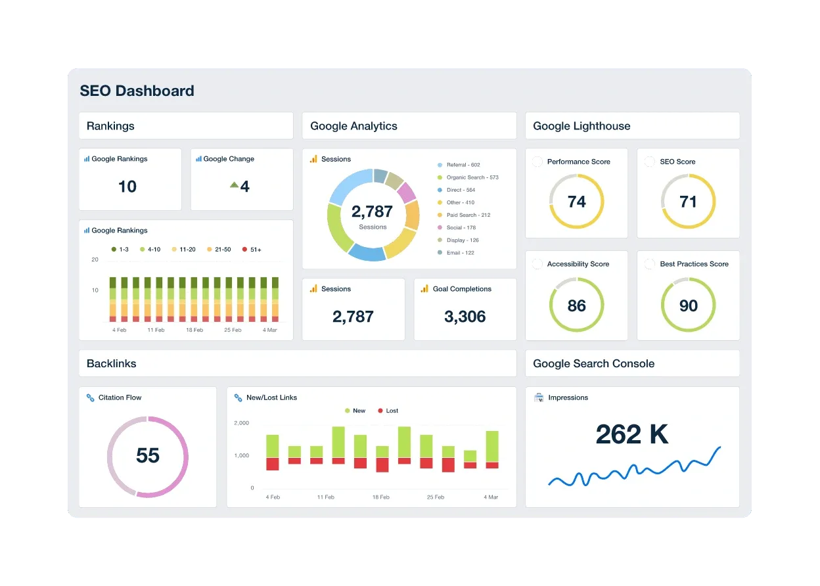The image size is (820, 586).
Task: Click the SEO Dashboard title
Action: (x=137, y=91)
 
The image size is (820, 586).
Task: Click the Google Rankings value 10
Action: (x=127, y=187)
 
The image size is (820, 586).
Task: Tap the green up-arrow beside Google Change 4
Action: (x=234, y=185)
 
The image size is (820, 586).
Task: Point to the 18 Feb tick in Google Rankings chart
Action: (x=194, y=330)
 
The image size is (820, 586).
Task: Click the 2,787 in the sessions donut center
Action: (x=372, y=212)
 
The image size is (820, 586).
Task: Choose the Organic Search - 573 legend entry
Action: (x=472, y=177)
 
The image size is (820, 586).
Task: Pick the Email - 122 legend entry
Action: (x=460, y=253)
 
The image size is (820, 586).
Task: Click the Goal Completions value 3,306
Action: (x=465, y=317)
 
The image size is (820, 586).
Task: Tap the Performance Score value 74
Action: (x=576, y=202)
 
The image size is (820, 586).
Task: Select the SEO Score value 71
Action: (x=688, y=202)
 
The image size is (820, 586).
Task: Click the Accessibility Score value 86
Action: (x=576, y=305)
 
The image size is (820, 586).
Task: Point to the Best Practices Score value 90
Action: (x=688, y=305)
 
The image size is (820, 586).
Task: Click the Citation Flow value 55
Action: (x=148, y=455)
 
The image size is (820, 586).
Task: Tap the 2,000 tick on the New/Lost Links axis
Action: (x=241, y=423)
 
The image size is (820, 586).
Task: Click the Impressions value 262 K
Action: (x=631, y=434)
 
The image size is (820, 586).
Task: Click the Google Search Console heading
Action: (x=593, y=363)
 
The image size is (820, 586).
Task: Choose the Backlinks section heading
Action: (x=112, y=363)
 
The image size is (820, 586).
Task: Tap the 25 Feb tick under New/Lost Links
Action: (x=435, y=497)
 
